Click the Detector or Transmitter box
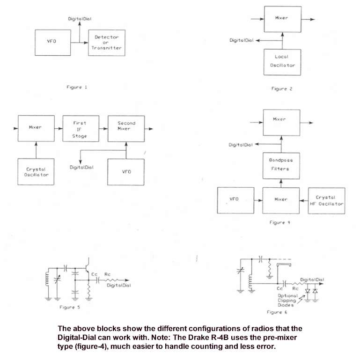(x=107, y=43)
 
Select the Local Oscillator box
(x=282, y=62)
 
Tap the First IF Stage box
(x=81, y=128)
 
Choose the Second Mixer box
(x=126, y=128)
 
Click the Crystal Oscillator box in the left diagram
(x=36, y=172)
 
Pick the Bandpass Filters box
(x=281, y=166)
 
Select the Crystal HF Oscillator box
(x=326, y=201)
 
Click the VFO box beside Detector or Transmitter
(x=53, y=43)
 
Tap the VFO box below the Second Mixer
(x=125, y=172)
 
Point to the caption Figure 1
(x=77, y=87)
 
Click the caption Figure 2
(x=282, y=89)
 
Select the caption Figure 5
(x=69, y=307)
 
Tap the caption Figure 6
(x=277, y=312)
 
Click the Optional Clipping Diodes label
(x=287, y=300)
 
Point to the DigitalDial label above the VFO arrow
(x=80, y=19)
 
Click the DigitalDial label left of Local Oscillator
(x=241, y=40)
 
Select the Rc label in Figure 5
(x=107, y=274)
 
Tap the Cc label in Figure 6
(x=279, y=288)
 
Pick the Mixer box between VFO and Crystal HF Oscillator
(x=281, y=200)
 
